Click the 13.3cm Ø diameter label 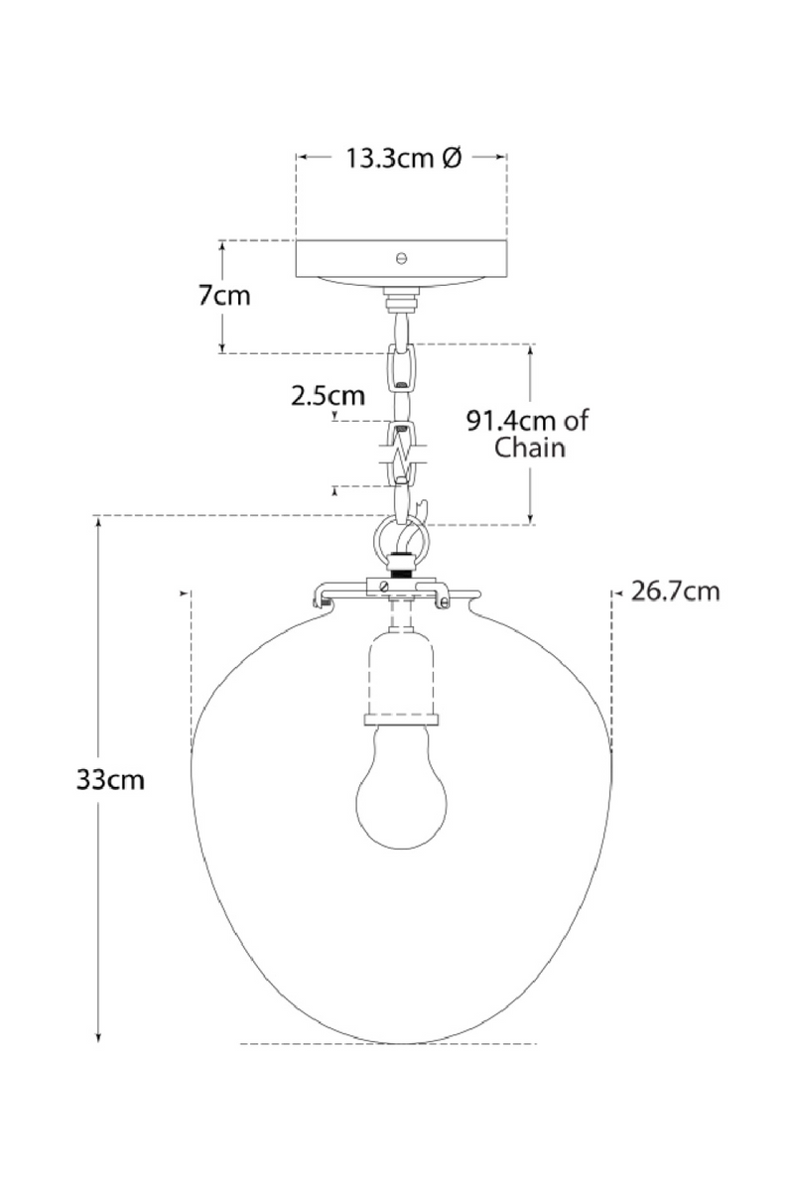[403, 158]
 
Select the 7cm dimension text [224, 297]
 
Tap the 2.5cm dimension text [328, 396]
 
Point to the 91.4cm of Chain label [527, 433]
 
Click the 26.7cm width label [675, 593]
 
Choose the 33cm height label [110, 780]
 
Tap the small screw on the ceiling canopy [401, 257]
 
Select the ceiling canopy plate [401, 260]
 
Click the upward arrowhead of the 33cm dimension [99, 523]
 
